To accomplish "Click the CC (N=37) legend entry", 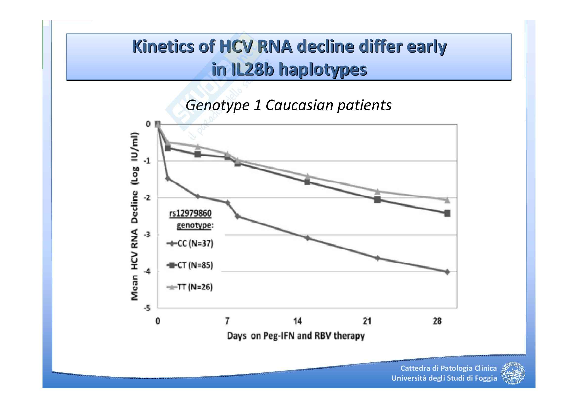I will [x=190, y=243].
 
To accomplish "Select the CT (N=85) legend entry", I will [x=190, y=265].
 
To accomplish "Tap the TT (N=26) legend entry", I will [x=190, y=287].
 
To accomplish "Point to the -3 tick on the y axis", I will [x=147, y=235].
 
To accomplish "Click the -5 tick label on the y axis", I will [x=147, y=308].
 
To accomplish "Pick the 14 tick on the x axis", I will [x=297, y=321].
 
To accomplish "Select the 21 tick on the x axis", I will [x=367, y=321].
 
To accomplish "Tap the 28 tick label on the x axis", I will [x=437, y=321].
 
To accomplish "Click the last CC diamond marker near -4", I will [x=447, y=272].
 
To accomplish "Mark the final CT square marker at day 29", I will [x=447, y=214].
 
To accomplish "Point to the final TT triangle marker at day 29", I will [x=447, y=200].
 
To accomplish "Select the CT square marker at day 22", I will [x=377, y=200].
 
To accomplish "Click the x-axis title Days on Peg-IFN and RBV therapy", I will [x=296, y=336].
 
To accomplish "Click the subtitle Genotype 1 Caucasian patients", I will [x=288, y=105].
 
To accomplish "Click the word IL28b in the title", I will [x=252, y=69].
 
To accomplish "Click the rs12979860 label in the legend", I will [x=190, y=214].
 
